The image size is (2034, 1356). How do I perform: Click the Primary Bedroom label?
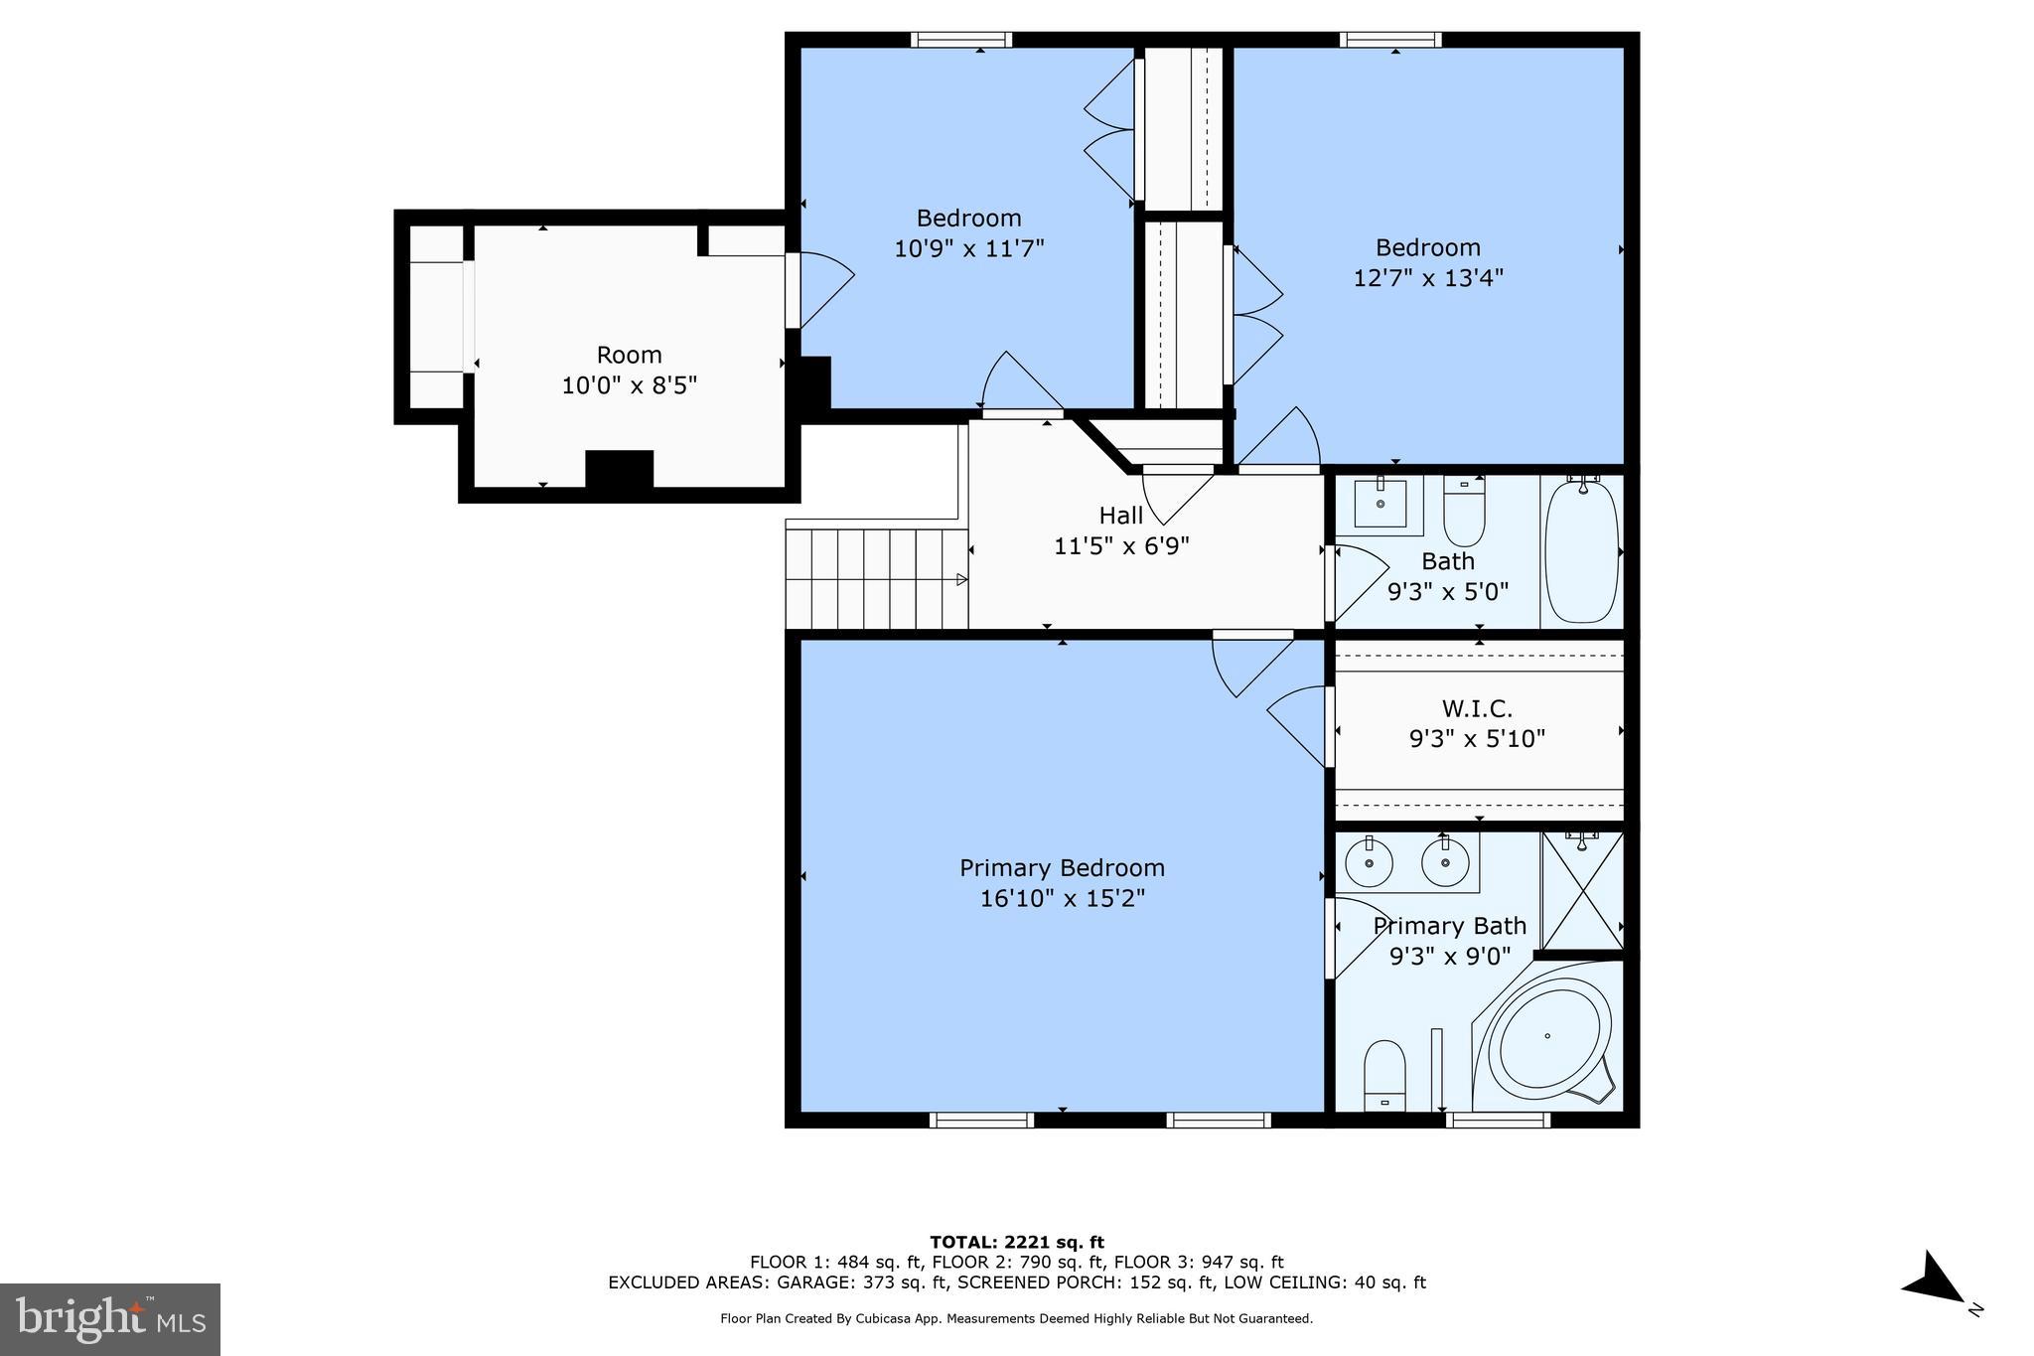(1062, 868)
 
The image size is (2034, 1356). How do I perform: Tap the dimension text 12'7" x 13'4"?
(1428, 277)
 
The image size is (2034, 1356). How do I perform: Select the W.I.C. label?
(1477, 709)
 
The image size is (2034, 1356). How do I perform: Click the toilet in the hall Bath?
(1463, 511)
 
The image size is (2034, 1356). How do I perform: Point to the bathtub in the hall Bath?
(1581, 551)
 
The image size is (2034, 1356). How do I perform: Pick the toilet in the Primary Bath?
(1384, 1075)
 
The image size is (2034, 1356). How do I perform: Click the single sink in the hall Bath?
(1380, 503)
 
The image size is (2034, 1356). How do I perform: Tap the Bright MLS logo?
(110, 1319)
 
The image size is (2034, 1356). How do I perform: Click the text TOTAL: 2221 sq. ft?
(1016, 1242)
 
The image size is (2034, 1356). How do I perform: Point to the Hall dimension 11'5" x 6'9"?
(1121, 545)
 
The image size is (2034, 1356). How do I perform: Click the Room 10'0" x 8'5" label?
(630, 370)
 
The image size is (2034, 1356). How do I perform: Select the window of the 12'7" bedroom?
(1389, 40)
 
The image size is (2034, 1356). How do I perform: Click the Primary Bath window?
(1497, 1121)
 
